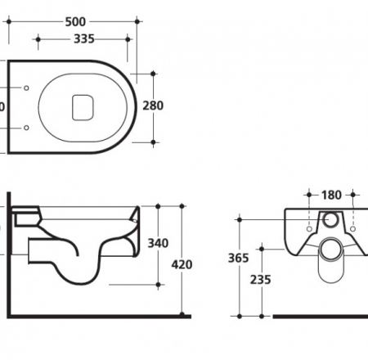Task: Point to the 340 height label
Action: pyautogui.click(x=157, y=243)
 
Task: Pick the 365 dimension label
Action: pyautogui.click(x=237, y=258)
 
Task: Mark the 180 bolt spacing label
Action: pyautogui.click(x=330, y=195)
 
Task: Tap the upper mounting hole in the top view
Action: pyautogui.click(x=27, y=88)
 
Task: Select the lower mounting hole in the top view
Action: pyautogui.click(x=27, y=127)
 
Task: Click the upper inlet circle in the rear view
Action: pyautogui.click(x=331, y=219)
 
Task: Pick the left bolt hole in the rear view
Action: pyautogui.click(x=309, y=226)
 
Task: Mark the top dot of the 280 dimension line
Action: pyautogui.click(x=153, y=74)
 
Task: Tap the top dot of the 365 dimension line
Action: pyautogui.click(x=239, y=218)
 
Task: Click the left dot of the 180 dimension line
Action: pyautogui.click(x=308, y=195)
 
